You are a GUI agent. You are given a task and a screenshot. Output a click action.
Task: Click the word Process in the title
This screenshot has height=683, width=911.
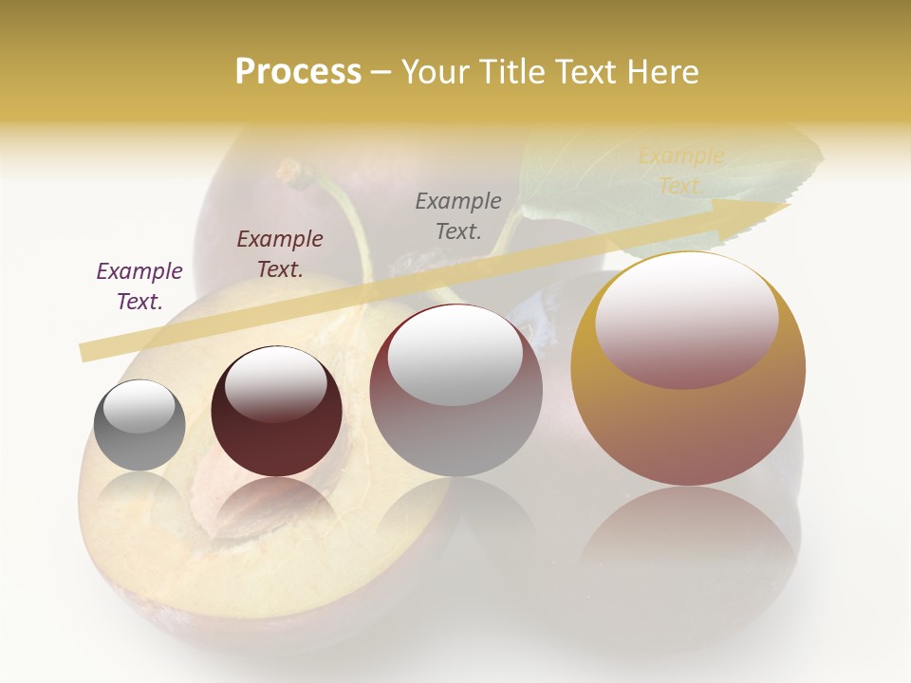[298, 72]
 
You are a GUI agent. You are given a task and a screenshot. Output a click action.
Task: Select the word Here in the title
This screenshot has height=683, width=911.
[661, 72]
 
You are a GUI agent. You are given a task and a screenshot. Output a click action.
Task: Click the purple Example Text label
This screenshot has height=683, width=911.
[139, 286]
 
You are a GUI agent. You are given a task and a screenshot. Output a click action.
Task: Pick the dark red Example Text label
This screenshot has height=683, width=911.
[280, 253]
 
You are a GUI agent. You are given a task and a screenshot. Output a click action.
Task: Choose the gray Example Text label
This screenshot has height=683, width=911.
[458, 215]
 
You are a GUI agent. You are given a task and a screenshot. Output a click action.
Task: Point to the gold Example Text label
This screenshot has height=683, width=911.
[680, 171]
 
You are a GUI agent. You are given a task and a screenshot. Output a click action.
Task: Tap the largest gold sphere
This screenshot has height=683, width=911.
[688, 417]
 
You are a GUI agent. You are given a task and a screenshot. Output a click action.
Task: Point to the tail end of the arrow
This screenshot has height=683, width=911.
[85, 353]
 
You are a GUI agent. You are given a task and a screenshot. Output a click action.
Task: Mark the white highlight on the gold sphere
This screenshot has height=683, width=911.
[686, 318]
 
